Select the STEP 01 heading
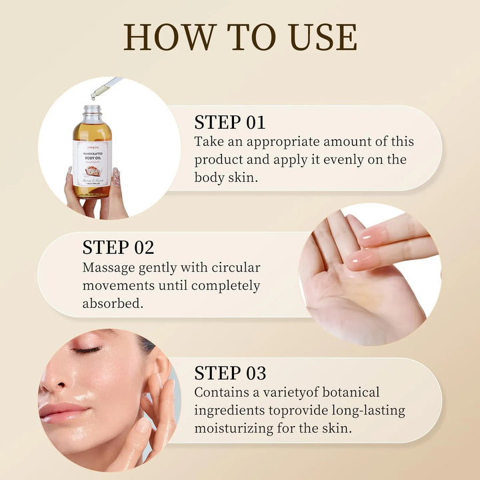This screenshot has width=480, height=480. (229, 122)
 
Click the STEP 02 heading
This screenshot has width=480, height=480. (118, 247)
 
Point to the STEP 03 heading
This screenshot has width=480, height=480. (230, 373)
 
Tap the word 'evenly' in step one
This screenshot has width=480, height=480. (332, 160)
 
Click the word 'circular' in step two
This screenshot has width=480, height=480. (229, 267)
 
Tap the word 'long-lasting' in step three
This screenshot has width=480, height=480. (366, 410)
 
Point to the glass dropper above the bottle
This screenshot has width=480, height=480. (107, 88)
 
